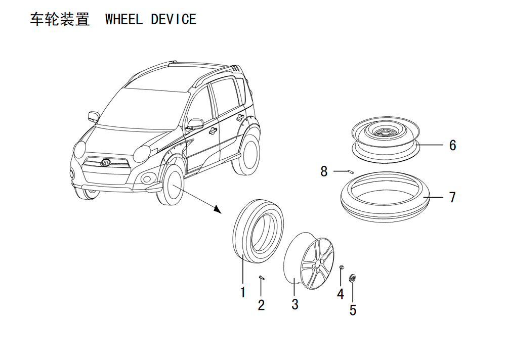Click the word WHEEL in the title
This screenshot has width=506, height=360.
point(124,19)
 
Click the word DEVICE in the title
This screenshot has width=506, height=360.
point(174,19)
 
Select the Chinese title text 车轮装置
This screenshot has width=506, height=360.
point(60,19)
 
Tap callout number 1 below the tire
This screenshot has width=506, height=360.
point(243,292)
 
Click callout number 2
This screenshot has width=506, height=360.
point(262,305)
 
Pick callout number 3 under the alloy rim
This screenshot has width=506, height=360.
point(295,304)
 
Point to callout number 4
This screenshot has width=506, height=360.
point(341,294)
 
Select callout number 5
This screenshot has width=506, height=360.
point(353,310)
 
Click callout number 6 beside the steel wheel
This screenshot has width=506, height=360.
point(453,145)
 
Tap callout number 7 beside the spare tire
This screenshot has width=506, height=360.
point(452,197)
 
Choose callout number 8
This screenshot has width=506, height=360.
point(324,171)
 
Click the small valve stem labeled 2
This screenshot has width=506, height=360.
point(262,278)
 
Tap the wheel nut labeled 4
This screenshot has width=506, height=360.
point(342,267)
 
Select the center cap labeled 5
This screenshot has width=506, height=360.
point(353,278)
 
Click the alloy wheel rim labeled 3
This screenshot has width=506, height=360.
point(309,260)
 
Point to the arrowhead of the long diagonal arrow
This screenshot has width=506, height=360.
point(218,210)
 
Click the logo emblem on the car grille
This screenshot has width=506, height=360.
point(106,163)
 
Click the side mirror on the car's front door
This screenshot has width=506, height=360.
point(195,123)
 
